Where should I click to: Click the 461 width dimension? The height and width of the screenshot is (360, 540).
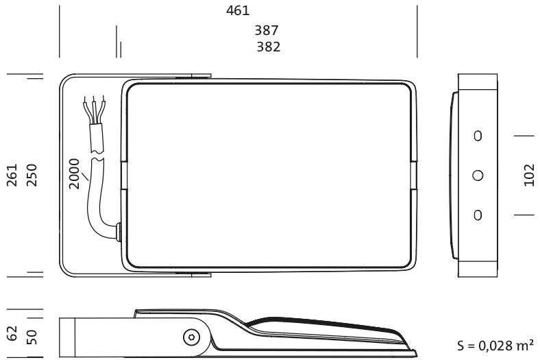click(x=238, y=11)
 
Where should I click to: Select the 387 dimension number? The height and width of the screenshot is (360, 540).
click(x=266, y=30)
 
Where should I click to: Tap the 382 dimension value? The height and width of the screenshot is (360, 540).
click(x=268, y=47)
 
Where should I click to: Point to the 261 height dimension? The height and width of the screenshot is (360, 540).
click(x=12, y=175)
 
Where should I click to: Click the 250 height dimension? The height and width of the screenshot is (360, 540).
click(x=32, y=175)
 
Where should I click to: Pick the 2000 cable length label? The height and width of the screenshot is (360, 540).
click(x=74, y=173)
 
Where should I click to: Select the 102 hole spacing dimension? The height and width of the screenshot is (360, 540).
click(x=529, y=175)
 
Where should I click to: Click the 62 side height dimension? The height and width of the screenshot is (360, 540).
click(x=12, y=333)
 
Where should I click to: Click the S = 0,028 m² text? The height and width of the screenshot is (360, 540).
click(x=495, y=345)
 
